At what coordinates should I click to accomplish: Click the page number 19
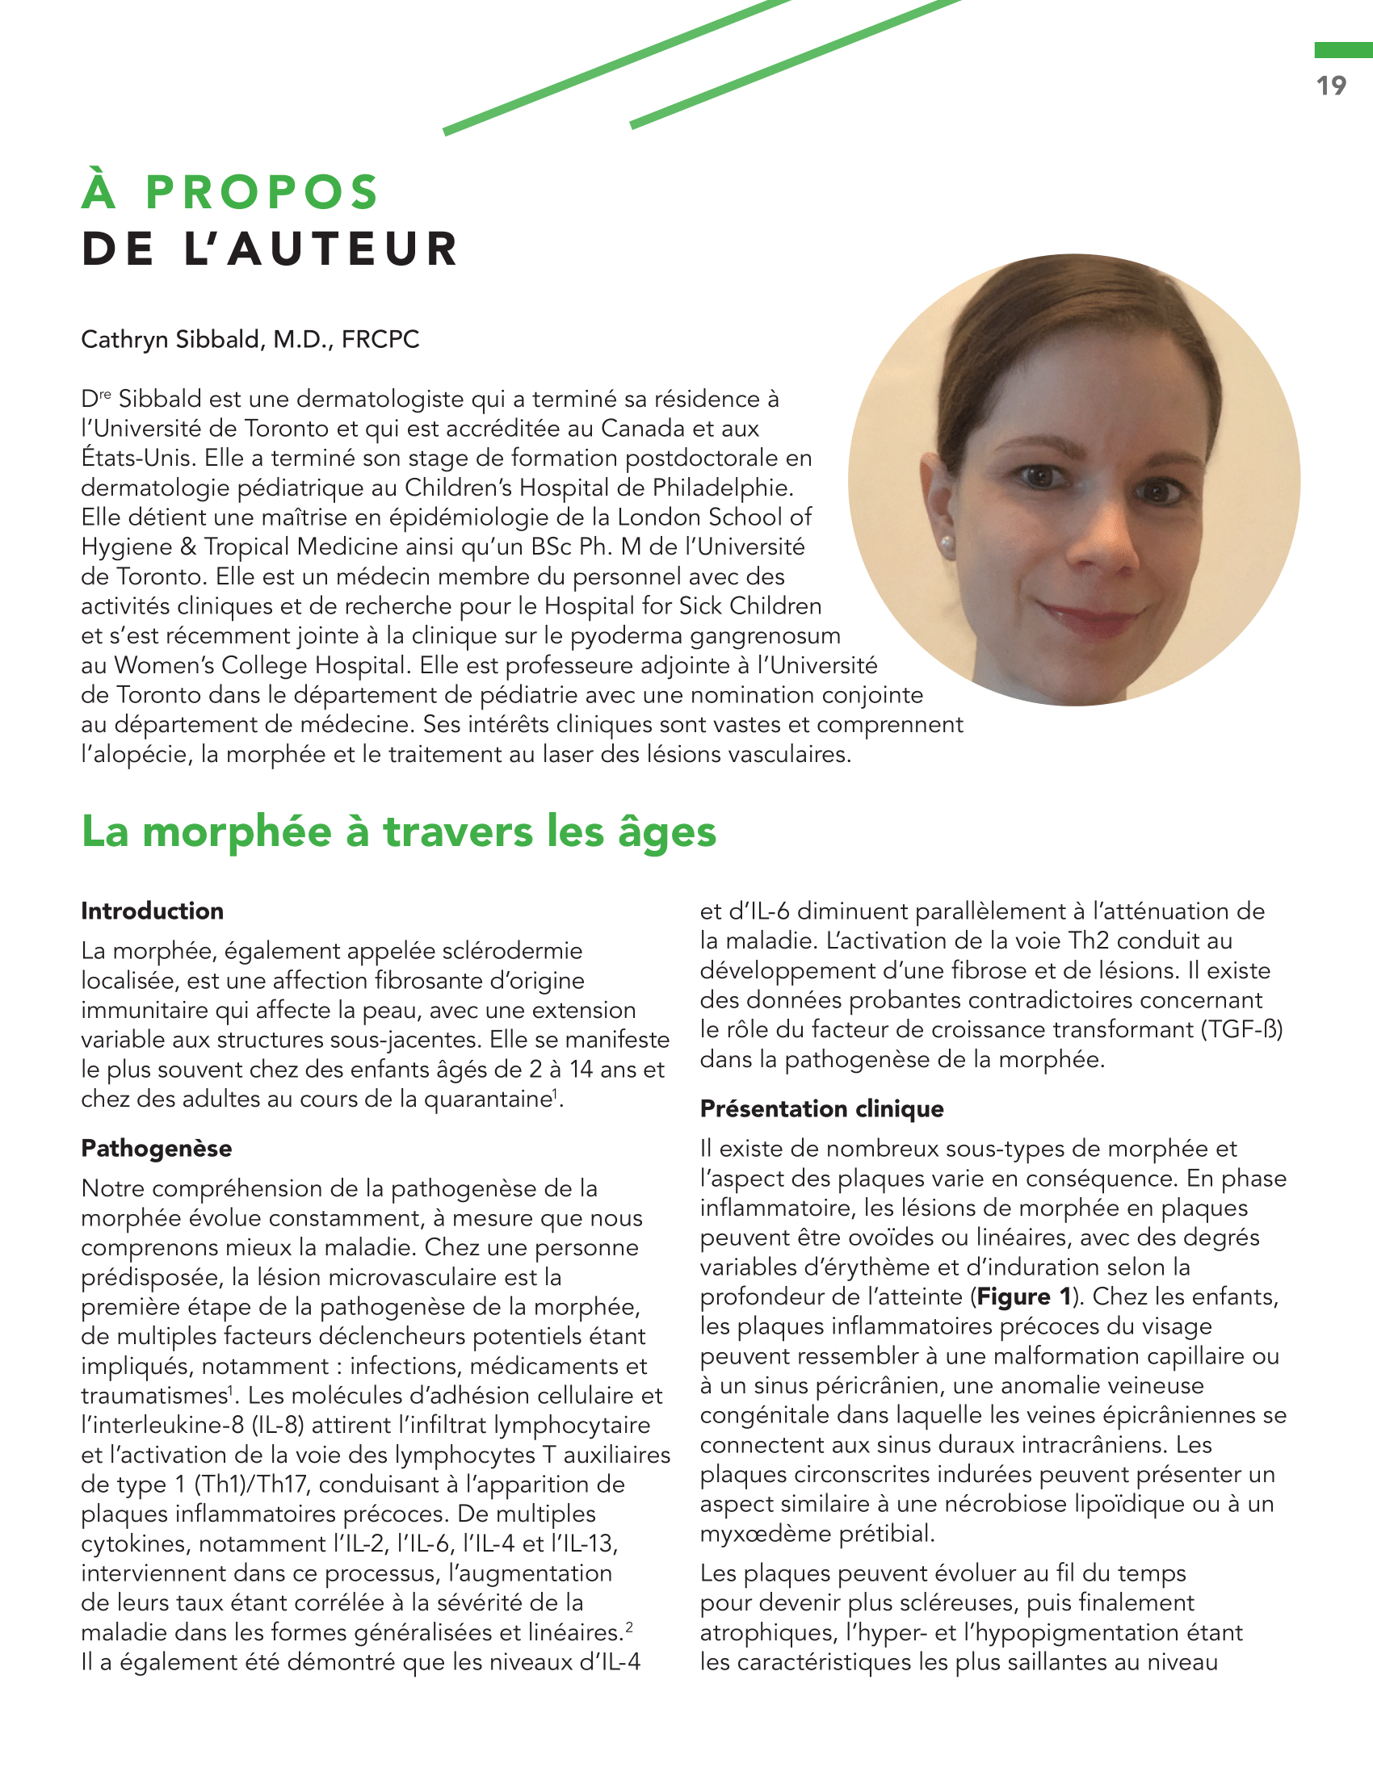1332,86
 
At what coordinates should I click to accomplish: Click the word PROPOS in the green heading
262,192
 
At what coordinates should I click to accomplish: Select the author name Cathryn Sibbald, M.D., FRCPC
250,339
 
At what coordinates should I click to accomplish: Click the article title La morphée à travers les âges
398,831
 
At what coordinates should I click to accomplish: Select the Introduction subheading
152,911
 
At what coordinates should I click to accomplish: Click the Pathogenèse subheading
156,1148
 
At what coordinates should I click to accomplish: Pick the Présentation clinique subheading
821,1108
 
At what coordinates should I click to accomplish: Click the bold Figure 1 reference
1023,1296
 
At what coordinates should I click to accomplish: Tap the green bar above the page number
1343,50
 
